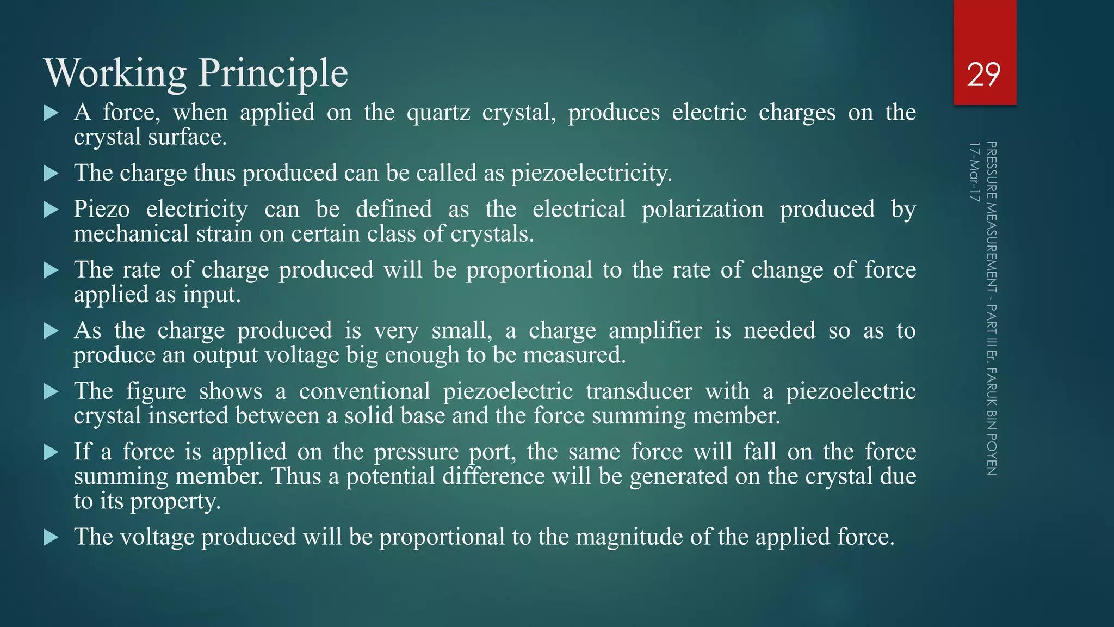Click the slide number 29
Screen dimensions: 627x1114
(983, 75)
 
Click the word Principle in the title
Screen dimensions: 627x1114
(273, 73)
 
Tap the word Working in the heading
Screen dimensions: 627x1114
(115, 73)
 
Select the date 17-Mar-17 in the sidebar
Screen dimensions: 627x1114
(974, 171)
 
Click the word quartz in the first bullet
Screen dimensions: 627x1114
(438, 113)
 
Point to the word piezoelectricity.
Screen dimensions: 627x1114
(591, 173)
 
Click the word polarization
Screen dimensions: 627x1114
(702, 210)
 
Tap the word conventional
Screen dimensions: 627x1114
(364, 391)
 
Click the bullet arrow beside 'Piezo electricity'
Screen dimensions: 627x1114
(51, 210)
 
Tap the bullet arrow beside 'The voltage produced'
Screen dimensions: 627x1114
(51, 538)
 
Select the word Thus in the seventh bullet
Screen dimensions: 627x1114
(296, 477)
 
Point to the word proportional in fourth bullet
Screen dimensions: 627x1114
(529, 270)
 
